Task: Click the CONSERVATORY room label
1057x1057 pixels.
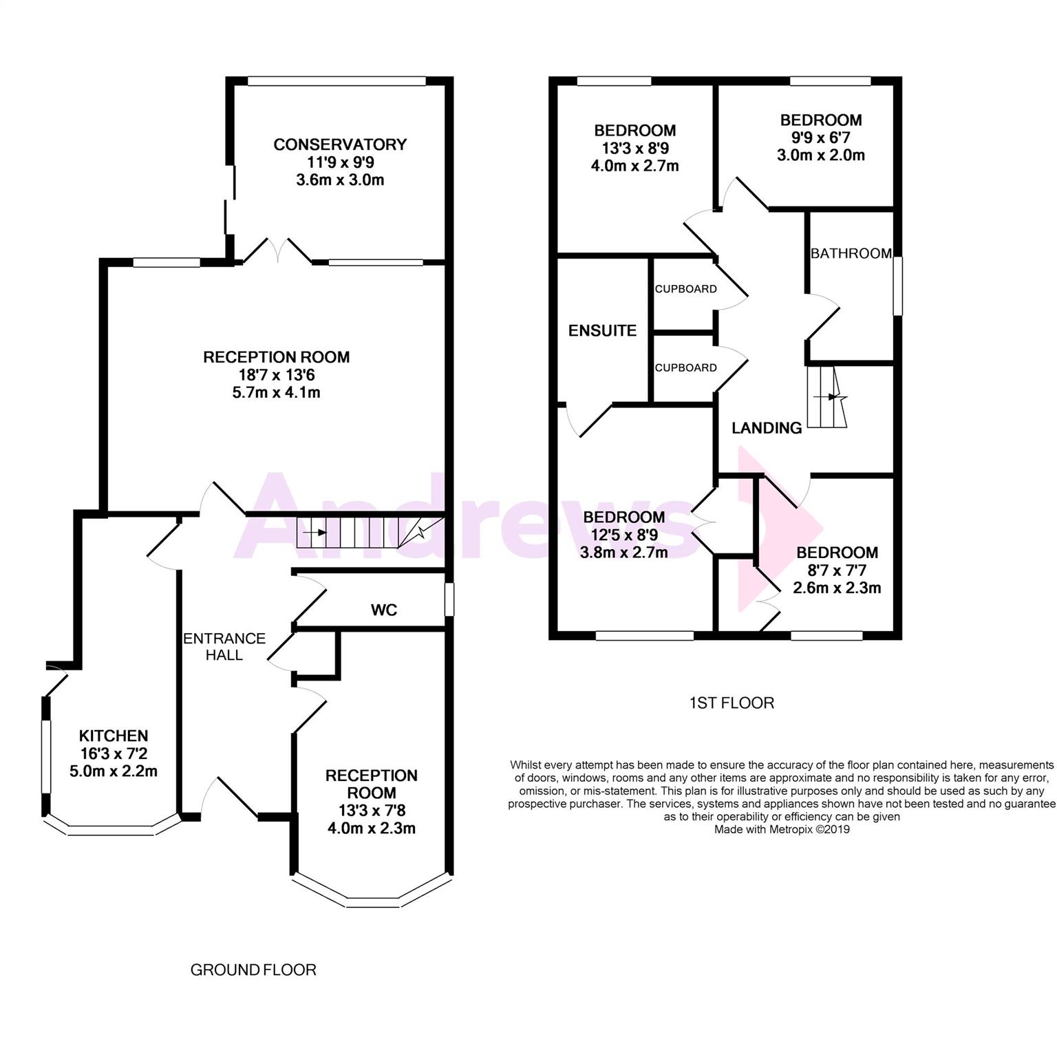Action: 340,145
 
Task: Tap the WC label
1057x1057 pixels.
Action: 384,610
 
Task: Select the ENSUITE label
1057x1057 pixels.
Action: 603,330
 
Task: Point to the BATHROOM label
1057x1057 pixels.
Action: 851,253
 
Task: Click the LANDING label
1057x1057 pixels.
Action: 767,428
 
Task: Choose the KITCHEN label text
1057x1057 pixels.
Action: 114,736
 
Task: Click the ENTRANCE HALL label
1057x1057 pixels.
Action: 224,647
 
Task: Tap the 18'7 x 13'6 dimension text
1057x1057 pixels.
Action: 276,375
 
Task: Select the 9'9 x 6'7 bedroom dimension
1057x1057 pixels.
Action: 821,138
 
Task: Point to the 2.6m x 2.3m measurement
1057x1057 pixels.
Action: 837,588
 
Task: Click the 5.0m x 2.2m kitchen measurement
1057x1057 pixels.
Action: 114,771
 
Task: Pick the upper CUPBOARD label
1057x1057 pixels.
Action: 685,289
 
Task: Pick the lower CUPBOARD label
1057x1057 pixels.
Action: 685,367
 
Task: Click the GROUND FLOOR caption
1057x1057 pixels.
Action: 253,970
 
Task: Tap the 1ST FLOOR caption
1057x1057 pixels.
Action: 732,703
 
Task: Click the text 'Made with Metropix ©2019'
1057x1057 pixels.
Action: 782,830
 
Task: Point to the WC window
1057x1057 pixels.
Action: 449,599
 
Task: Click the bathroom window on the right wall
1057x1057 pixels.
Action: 897,286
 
